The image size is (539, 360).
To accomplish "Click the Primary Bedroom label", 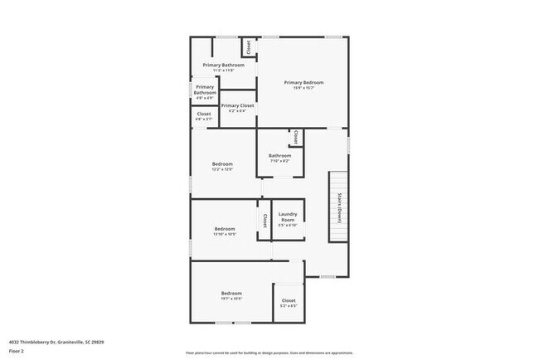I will coord(303,82).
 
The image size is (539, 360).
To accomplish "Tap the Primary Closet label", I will coord(238,105).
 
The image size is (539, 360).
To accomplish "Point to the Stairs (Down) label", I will coord(339,208).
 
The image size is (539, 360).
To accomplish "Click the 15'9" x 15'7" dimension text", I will coord(303,88).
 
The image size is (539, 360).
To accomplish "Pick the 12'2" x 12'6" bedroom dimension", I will coord(222,169).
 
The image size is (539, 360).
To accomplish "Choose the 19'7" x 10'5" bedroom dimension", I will coord(231,299).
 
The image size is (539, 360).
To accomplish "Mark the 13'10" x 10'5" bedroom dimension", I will coord(225,234).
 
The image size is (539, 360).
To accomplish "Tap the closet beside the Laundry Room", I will coord(265,221).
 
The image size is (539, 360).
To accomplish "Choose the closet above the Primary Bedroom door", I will coord(248,47).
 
